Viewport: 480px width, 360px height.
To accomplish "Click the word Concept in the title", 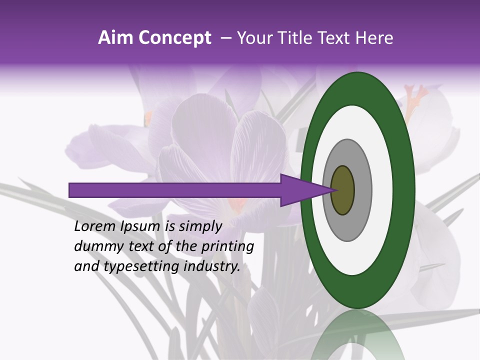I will pos(174,38).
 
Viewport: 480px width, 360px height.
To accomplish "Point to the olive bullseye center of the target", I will pos(342,190).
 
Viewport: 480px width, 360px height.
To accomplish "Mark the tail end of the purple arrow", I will pos(72,190).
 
